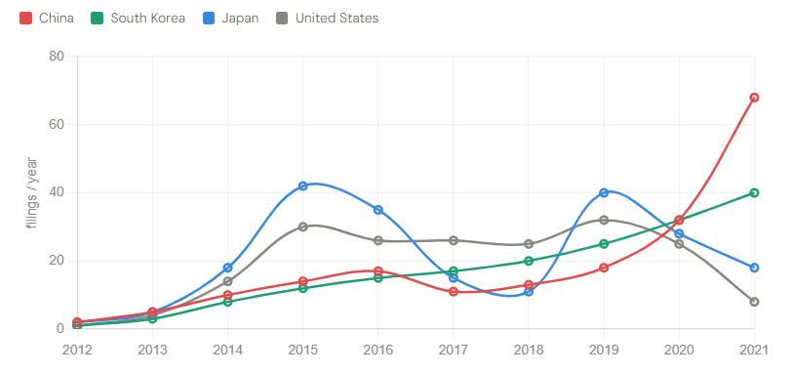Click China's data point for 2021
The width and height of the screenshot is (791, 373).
754,98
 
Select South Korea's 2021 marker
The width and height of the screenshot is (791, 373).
754,192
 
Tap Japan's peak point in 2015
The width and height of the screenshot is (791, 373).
303,186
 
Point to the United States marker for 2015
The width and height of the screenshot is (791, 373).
303,227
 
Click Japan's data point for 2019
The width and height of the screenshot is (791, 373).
604,192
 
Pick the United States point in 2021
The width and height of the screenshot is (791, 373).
754,302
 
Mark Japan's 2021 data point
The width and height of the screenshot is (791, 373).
754,268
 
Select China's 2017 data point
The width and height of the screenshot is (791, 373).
454,292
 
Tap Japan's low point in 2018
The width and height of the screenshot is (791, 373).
529,292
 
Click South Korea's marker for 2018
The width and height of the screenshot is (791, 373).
529,261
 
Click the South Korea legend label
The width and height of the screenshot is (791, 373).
146,19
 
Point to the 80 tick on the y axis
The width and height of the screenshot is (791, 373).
56,57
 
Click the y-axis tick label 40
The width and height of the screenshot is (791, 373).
56,192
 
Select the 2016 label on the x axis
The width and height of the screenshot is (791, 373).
378,349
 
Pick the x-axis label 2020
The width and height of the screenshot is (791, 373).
679,349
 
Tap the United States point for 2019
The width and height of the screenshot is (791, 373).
604,220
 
